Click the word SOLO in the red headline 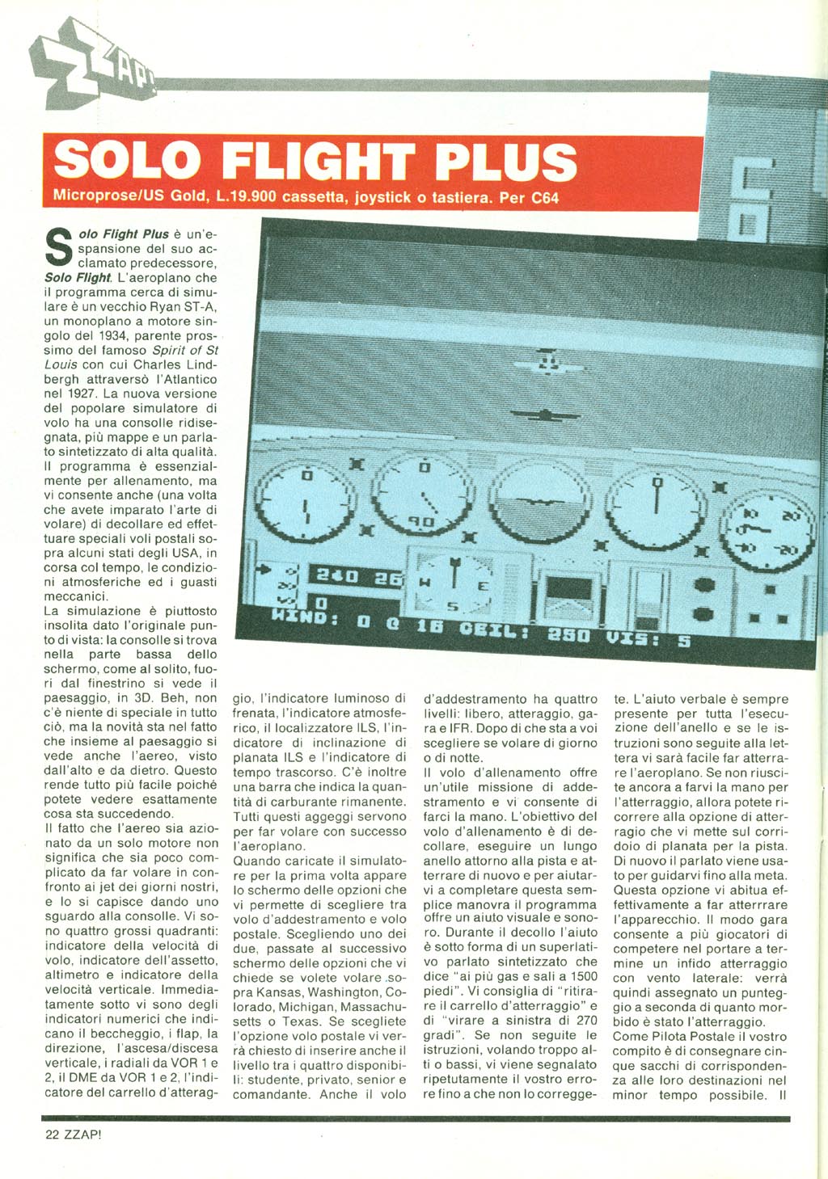click(128, 162)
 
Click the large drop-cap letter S click(56, 247)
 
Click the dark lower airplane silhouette click(547, 415)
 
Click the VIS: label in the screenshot click(633, 638)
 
